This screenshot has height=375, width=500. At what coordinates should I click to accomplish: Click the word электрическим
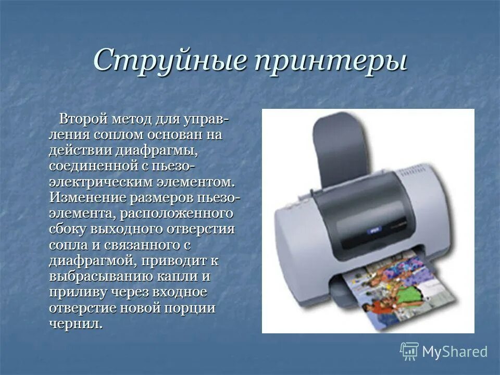coord(101,182)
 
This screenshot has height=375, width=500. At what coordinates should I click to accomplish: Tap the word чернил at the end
coord(73,323)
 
